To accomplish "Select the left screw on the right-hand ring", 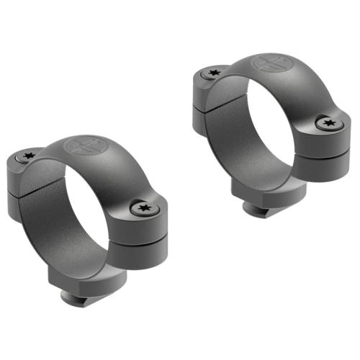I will [x=213, y=72].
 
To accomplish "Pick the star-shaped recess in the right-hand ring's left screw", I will [x=213, y=72].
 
